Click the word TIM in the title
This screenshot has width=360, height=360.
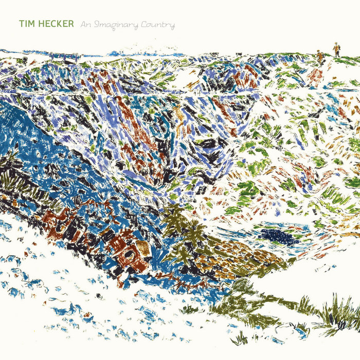26,24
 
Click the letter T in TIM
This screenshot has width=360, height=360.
21,24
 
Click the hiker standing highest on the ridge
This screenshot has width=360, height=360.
336,49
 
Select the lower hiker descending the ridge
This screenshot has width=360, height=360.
320,57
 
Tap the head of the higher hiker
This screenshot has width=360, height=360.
336,44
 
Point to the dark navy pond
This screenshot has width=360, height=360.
280,236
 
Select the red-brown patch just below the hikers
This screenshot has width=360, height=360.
315,77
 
